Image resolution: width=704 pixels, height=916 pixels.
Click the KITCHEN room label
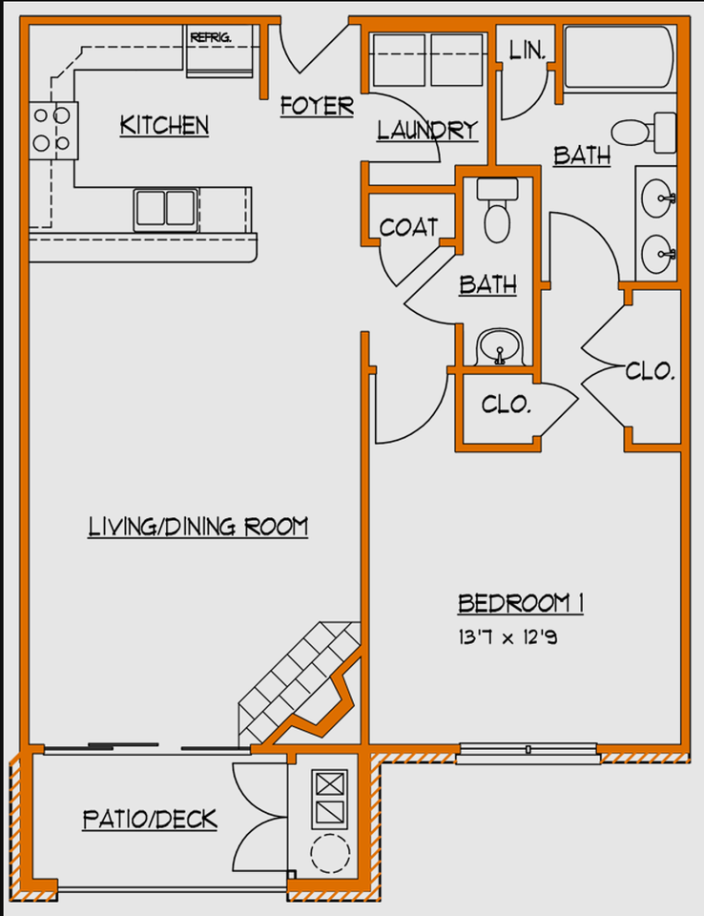point(164,125)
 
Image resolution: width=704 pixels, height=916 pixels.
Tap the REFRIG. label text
point(211,37)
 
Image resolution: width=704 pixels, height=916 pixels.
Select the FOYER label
point(317,106)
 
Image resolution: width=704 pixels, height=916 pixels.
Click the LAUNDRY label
point(426,131)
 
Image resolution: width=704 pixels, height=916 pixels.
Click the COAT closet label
point(408,227)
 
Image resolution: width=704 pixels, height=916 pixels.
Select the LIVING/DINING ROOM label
point(198,526)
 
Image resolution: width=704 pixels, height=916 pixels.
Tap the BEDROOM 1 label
point(521,603)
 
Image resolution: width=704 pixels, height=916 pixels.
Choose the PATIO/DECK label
point(150,819)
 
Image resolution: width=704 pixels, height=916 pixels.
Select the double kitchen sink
point(165,206)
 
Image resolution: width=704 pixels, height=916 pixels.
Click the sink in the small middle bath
point(498,344)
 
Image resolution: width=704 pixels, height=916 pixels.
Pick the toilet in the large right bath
point(641,131)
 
